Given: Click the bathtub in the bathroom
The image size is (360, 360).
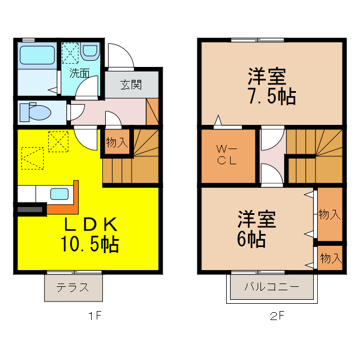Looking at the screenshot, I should [x=37, y=55].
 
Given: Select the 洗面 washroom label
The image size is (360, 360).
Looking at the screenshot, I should [x=80, y=73].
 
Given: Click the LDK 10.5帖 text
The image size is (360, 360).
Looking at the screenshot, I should [x=89, y=235].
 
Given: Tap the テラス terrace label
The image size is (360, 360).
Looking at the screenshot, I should [x=73, y=287].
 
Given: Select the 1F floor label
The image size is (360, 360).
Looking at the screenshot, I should [x=94, y=316].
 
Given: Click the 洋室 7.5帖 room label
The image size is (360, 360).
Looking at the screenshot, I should [x=270, y=86].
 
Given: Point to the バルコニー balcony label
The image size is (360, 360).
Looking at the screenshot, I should [x=272, y=287].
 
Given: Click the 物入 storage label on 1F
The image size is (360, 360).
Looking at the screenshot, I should [x=117, y=142].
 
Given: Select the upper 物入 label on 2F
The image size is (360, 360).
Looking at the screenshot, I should [x=330, y=214].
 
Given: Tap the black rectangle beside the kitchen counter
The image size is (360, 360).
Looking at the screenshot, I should [x=31, y=210].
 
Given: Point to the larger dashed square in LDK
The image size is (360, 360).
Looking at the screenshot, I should [x=32, y=157].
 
